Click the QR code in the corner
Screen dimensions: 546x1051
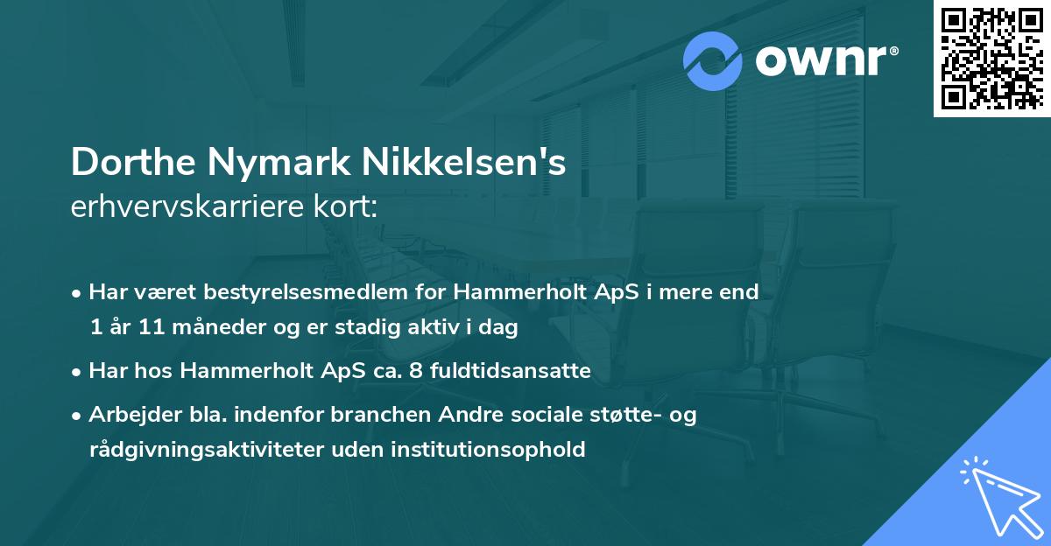coord(991,58)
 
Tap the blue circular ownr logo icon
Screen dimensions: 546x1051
coord(713,61)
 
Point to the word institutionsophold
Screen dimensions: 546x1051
coord(499,450)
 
